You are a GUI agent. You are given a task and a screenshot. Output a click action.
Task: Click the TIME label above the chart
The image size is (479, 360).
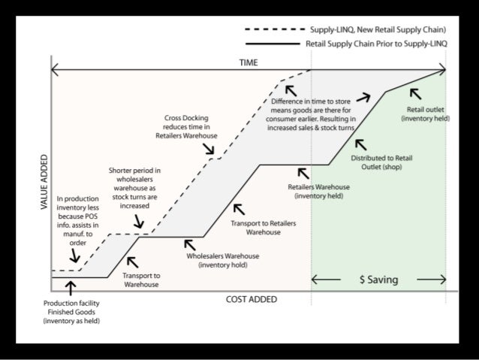249,62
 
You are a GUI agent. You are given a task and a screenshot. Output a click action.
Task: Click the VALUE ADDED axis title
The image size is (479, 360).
44,182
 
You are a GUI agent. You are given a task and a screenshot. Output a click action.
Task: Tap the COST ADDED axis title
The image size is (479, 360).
252,299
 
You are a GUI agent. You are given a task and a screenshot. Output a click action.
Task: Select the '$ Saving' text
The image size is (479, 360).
378,280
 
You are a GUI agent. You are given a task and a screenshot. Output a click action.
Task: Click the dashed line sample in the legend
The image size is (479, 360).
275,30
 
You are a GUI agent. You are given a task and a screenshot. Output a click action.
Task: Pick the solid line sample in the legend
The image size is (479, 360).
275,44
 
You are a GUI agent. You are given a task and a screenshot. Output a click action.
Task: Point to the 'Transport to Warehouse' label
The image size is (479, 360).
141,280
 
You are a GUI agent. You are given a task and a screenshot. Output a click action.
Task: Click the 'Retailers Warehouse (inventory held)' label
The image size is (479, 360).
318,191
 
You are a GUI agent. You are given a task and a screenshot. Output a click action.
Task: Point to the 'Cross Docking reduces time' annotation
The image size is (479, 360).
191,127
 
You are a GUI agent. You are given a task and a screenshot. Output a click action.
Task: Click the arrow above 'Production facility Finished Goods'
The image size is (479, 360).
71,288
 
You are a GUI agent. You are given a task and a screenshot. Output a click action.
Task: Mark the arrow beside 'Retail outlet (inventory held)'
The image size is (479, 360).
414,93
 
